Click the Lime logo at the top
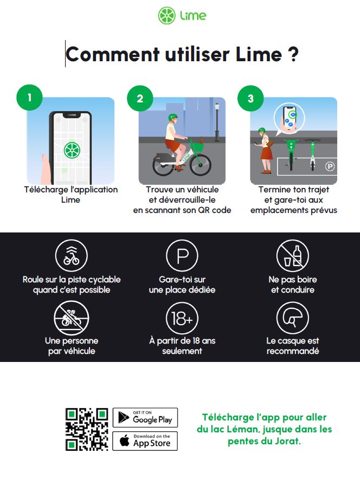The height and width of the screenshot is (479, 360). (x=182, y=16)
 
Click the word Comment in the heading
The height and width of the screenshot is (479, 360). (x=112, y=54)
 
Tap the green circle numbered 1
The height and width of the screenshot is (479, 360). (x=29, y=98)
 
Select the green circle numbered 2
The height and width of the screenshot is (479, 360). (x=140, y=99)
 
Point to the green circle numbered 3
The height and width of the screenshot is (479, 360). (x=250, y=99)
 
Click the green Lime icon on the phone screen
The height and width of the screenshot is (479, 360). (x=72, y=150)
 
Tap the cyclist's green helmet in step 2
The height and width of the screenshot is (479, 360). (x=173, y=117)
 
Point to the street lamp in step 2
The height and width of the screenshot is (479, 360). (x=217, y=122)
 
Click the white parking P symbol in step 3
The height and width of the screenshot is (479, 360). (x=330, y=166)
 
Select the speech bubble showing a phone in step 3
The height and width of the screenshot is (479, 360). (x=289, y=119)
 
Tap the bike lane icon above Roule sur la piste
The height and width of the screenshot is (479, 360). (x=71, y=256)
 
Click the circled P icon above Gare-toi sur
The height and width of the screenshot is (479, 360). (x=182, y=256)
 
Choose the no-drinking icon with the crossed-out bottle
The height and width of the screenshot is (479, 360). (x=292, y=256)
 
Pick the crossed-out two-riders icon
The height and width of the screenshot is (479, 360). (x=71, y=318)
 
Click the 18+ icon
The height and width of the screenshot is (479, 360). (x=182, y=318)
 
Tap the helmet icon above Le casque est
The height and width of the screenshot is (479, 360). (x=292, y=318)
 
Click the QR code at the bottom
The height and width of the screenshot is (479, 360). (x=87, y=429)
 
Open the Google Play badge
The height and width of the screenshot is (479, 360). (x=145, y=418)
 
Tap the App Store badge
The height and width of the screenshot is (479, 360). (x=145, y=441)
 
